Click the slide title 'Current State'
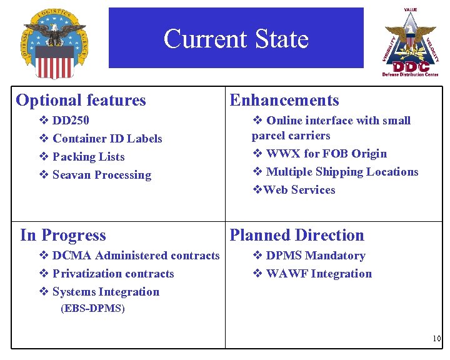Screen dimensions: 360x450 [x=236, y=39]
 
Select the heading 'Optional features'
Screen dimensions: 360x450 [x=81, y=100]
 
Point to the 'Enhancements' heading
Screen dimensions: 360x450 [x=284, y=100]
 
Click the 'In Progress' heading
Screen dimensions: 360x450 [x=63, y=235]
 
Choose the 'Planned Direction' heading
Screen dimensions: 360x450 [x=297, y=235]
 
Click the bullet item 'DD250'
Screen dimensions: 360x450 [x=71, y=121]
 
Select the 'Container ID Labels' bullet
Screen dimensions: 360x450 [x=107, y=139]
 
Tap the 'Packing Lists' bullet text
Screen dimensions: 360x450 [x=88, y=157]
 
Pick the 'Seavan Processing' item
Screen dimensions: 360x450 [x=101, y=175]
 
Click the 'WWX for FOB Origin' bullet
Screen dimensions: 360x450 [x=326, y=154]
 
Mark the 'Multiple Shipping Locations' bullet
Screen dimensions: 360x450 [x=341, y=172]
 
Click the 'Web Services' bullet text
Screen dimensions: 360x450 [x=299, y=190]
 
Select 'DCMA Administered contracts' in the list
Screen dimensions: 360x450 [x=136, y=256]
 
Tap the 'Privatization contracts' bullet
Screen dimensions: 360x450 [x=113, y=274]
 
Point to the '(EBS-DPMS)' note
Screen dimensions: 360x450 [x=92, y=309]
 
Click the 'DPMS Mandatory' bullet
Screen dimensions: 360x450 [x=315, y=256]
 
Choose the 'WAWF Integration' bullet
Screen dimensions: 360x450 [x=318, y=274]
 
